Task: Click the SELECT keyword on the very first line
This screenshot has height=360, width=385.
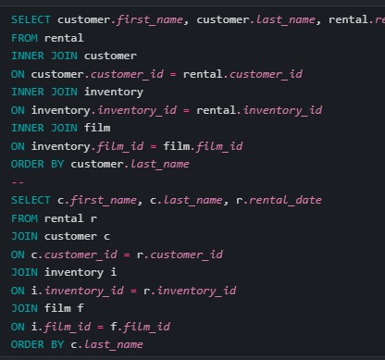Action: coord(31,19)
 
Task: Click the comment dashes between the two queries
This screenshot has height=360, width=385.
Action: coord(17,181)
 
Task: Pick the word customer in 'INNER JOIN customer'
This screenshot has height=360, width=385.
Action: coord(110,55)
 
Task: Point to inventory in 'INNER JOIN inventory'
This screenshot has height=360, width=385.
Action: coord(114,91)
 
